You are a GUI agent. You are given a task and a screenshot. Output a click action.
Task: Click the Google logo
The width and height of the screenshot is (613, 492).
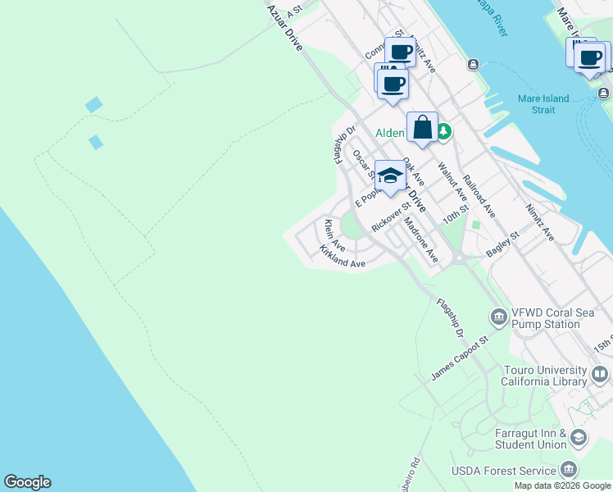tap(27, 482)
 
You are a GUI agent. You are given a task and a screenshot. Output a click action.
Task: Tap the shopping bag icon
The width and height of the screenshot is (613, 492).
tap(422, 129)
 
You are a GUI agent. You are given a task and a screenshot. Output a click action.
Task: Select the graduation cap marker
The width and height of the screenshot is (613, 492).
tap(391, 177)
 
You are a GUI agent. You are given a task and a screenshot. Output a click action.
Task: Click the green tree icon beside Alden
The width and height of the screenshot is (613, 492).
tap(443, 131)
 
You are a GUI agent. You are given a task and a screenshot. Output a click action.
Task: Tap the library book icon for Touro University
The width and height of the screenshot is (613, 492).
tap(600, 376)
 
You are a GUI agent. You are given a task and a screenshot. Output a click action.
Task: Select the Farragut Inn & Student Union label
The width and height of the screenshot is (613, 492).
tap(530, 438)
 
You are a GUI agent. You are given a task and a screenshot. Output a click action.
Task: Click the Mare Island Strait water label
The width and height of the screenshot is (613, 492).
tap(543, 104)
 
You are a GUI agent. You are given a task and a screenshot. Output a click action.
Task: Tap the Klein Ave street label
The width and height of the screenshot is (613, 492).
tap(334, 235)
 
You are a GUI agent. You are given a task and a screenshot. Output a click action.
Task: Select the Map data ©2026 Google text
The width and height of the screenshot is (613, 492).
tap(563, 485)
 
